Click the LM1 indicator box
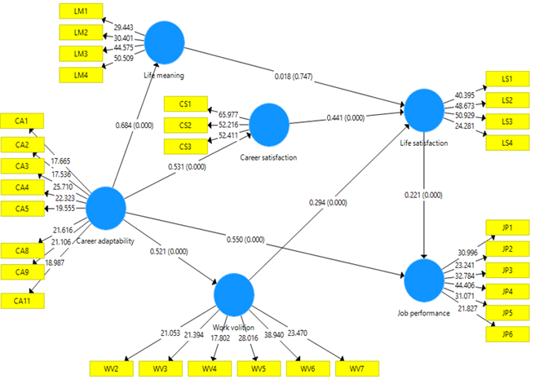point(81,11)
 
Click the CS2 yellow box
point(186,125)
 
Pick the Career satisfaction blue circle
point(270,123)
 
